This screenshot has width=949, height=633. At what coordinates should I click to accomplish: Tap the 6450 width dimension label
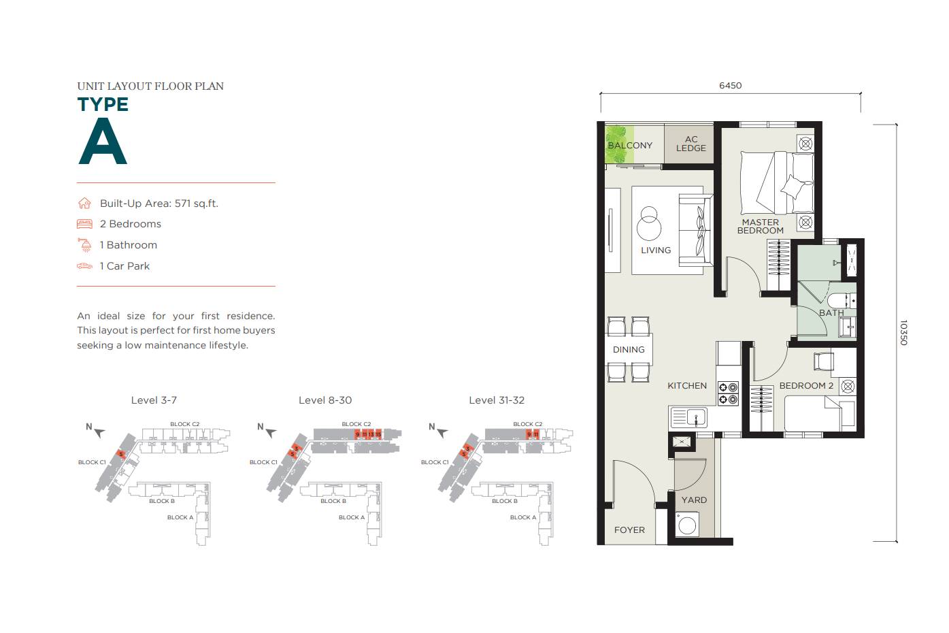(x=730, y=86)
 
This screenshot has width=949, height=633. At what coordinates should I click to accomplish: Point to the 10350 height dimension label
(x=903, y=333)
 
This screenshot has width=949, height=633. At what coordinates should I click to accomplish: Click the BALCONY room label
(x=630, y=146)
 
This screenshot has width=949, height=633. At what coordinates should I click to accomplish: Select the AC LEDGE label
(x=690, y=144)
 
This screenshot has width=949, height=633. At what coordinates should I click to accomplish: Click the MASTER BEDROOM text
(x=761, y=227)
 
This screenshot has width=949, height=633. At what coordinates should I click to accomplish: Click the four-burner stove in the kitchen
(x=728, y=393)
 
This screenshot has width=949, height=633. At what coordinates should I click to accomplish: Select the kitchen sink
(x=689, y=417)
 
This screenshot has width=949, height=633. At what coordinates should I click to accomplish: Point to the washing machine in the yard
(x=687, y=525)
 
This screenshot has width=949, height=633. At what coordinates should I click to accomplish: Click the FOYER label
(x=629, y=530)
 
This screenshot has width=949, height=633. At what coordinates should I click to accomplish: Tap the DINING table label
(x=629, y=350)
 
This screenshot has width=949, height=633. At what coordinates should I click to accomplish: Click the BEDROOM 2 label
(x=805, y=386)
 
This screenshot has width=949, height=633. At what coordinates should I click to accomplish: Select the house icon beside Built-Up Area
(x=84, y=204)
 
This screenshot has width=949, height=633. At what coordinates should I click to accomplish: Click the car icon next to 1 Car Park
(x=84, y=266)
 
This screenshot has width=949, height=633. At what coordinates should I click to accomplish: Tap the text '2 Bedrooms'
(x=130, y=224)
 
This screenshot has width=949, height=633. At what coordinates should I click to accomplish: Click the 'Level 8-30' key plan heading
(x=325, y=400)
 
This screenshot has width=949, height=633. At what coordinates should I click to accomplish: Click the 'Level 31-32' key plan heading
(x=497, y=400)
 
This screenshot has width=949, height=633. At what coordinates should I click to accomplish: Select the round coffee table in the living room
(x=649, y=224)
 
